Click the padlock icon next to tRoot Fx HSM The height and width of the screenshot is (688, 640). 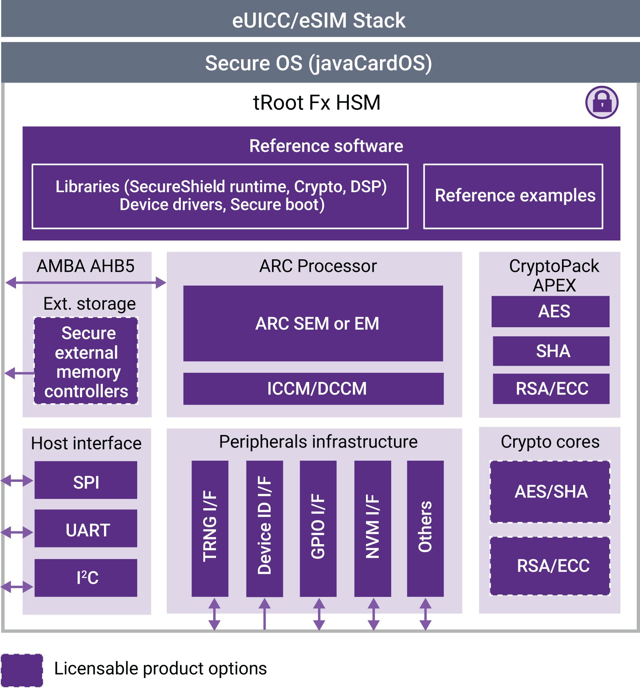(602, 102)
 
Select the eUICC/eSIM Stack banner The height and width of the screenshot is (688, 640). (320, 20)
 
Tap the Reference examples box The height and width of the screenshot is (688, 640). (513, 196)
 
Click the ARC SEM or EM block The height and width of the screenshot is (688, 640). (313, 323)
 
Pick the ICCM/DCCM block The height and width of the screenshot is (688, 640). (313, 388)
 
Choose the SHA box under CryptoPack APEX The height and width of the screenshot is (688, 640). (551, 351)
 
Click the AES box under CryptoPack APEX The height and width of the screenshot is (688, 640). (550, 311)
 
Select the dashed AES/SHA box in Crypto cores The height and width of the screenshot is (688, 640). (550, 491)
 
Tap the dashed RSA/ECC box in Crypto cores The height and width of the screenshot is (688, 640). (550, 566)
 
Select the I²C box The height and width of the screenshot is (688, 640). (86, 578)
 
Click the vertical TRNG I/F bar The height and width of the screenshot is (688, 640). (210, 528)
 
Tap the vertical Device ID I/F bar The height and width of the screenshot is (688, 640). (264, 528)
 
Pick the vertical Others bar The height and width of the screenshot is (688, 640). (425, 528)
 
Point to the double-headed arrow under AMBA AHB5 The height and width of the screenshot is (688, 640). (86, 283)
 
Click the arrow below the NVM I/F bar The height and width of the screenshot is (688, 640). (373, 614)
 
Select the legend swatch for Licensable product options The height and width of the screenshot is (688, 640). (22, 670)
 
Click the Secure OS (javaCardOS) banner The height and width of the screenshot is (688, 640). (320, 63)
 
